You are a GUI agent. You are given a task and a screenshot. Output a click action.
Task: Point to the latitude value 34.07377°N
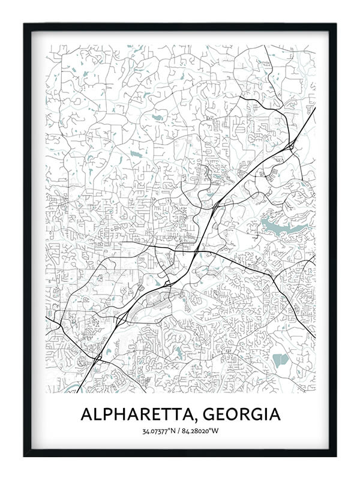pyautogui.click(x=158, y=431)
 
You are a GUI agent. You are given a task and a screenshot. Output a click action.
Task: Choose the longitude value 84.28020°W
pyautogui.click(x=200, y=431)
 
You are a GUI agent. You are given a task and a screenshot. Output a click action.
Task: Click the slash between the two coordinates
pyautogui.click(x=178, y=431)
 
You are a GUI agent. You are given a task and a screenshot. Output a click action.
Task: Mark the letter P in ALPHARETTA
pyautogui.click(x=108, y=415)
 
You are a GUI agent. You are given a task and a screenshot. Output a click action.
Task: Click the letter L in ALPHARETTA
pyautogui.click(x=97, y=415)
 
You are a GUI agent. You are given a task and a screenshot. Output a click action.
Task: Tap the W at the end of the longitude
pyautogui.click(x=215, y=431)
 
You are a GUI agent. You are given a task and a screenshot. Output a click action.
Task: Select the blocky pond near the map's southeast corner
pyautogui.click(x=280, y=361)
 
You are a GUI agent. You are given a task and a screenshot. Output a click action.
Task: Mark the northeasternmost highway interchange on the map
pyautogui.click(x=290, y=145)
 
